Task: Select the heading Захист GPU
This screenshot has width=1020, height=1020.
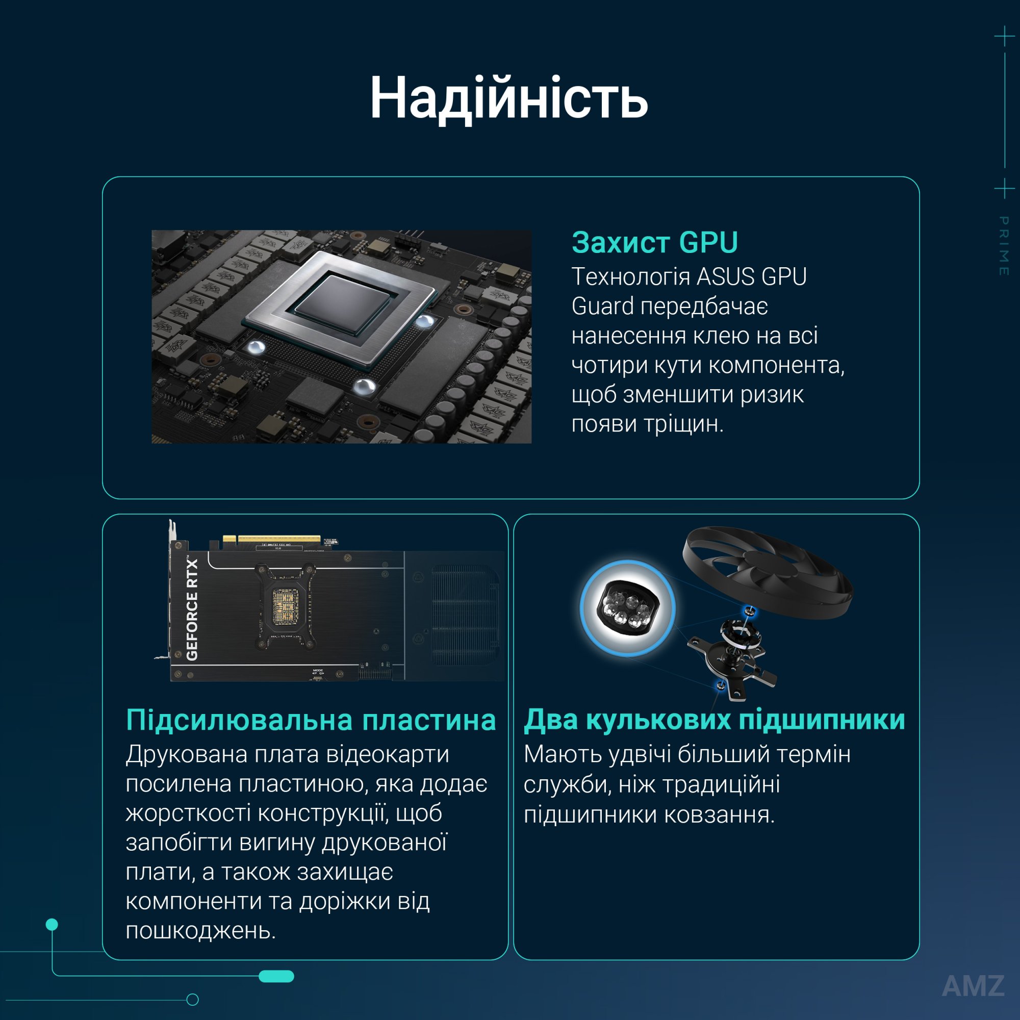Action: click(655, 242)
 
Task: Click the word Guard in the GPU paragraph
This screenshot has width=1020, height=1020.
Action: click(602, 307)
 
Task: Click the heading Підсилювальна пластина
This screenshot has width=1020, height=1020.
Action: click(311, 720)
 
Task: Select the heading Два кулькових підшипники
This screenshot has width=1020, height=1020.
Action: click(715, 720)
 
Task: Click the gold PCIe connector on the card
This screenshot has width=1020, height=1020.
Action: click(271, 539)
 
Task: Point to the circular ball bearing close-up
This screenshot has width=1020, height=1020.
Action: click(627, 608)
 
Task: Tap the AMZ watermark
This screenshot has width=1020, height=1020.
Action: click(973, 985)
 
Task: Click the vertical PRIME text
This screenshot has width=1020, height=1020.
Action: click(1004, 246)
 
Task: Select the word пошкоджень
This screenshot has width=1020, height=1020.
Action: click(200, 930)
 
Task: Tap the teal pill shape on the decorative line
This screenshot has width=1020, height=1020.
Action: click(276, 977)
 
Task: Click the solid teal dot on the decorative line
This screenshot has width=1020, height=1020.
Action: click(52, 925)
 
